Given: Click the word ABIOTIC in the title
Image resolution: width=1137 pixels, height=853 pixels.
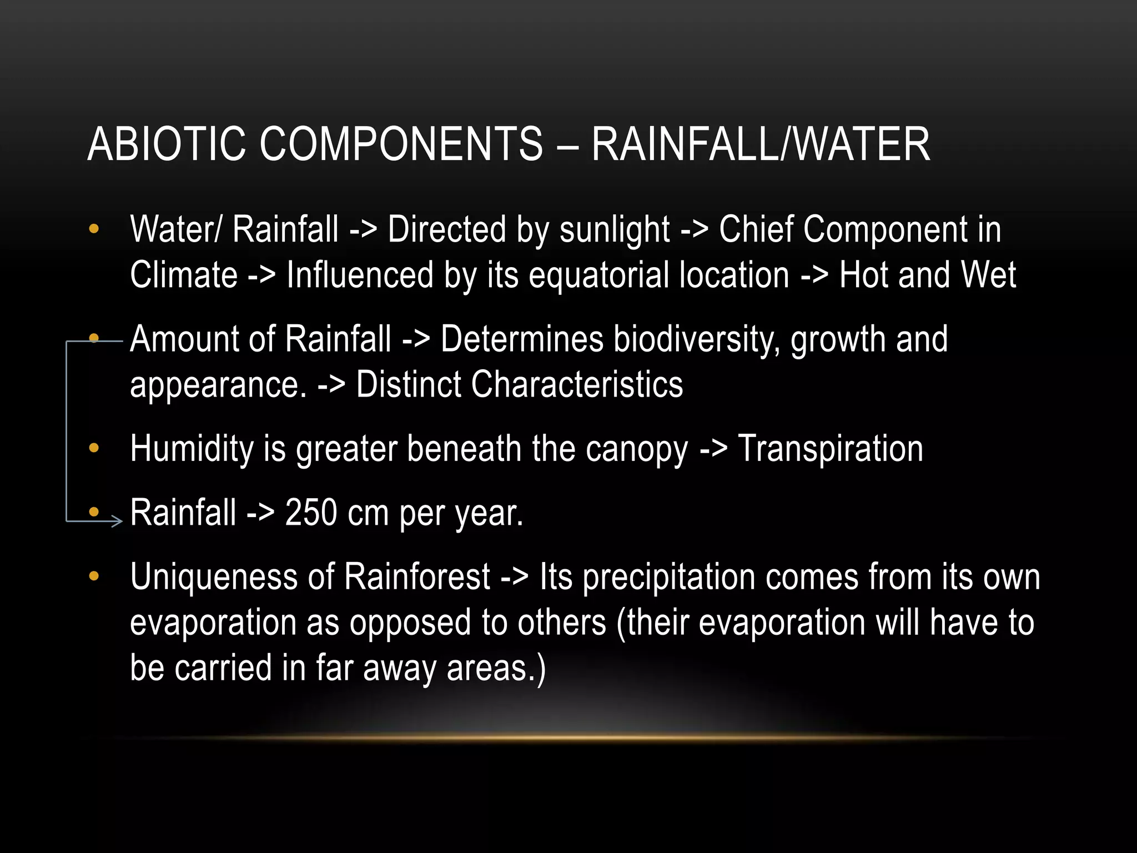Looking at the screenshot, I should point(166,144).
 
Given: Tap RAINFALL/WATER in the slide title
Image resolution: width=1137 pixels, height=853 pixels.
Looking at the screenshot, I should point(760,144).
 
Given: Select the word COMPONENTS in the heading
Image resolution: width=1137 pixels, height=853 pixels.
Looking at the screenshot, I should point(401,144).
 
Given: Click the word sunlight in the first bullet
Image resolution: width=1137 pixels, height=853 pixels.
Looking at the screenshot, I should point(615,230).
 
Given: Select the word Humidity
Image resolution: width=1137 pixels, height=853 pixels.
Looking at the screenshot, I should point(192,449).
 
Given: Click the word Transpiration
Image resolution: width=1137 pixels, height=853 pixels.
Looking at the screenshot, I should point(830,449).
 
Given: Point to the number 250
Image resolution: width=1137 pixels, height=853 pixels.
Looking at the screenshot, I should point(310,513).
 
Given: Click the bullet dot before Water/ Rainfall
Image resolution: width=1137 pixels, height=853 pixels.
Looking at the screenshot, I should point(94,229).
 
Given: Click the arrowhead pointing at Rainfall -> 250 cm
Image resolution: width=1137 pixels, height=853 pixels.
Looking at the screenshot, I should point(116,521).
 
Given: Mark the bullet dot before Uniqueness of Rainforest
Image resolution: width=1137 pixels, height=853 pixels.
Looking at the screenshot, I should point(94,576).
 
